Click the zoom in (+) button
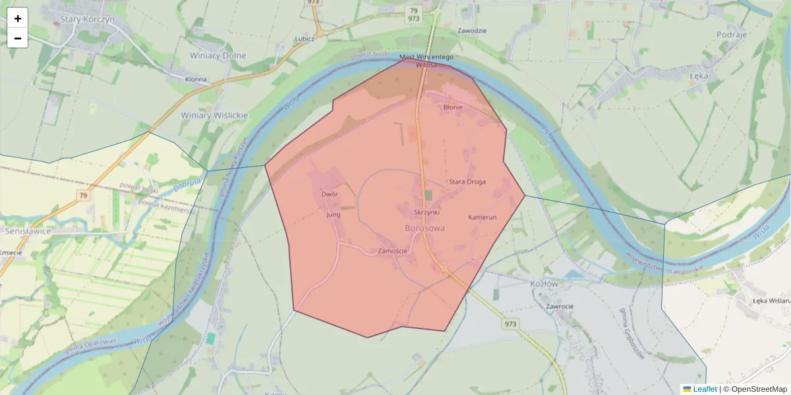(x=18, y=18)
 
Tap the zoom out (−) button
(x=18, y=38)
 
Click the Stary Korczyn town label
(x=87, y=20)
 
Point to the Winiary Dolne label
(x=218, y=56)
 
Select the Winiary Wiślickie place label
(x=214, y=115)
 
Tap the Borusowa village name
(x=424, y=228)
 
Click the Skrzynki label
(x=426, y=213)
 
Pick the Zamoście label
(x=393, y=251)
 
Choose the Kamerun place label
(x=482, y=217)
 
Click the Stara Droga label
(x=467, y=182)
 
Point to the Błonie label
(x=453, y=107)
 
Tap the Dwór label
(x=330, y=195)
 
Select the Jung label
(x=333, y=215)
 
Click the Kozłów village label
(x=544, y=284)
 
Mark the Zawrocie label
(x=559, y=306)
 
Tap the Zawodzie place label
(x=472, y=31)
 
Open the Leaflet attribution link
(x=704, y=389)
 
